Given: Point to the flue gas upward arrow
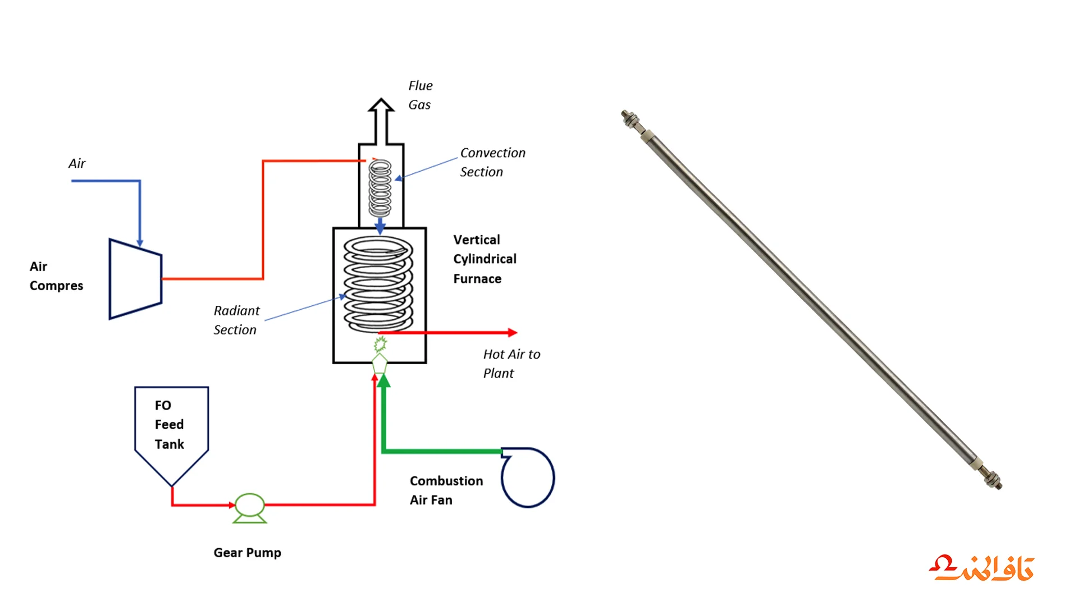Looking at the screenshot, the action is [x=381, y=121].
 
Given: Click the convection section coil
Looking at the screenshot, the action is [x=380, y=189].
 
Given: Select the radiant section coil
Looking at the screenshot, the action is [x=378, y=283].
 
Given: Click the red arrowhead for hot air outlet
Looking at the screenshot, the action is [x=512, y=333].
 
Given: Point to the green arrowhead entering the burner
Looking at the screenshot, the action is [x=383, y=381].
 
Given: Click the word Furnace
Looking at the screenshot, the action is [x=477, y=279].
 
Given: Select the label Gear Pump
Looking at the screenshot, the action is [x=247, y=553].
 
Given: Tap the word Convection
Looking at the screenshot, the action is [x=493, y=153].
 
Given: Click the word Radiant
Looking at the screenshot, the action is [x=236, y=310].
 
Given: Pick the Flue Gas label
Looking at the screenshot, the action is [x=421, y=95].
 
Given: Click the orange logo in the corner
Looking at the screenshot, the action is [x=981, y=568].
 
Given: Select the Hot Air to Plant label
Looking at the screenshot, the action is [x=511, y=364].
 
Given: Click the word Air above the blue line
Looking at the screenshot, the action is [x=77, y=163].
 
